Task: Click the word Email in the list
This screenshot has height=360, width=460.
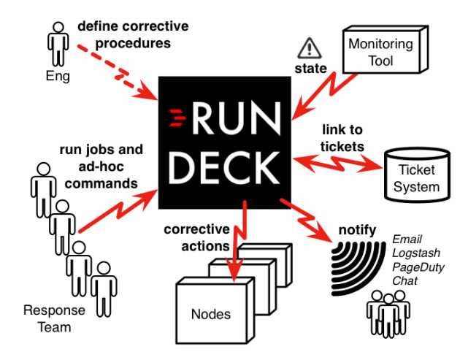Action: (406, 240)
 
